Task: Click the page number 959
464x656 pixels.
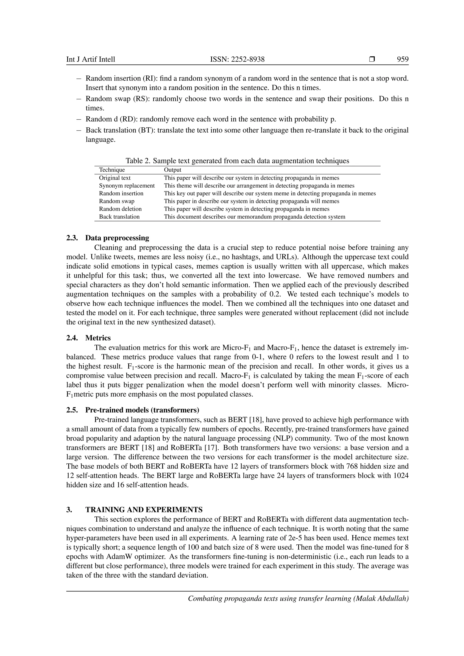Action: (403, 59)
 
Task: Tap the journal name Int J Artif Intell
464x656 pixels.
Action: (91, 59)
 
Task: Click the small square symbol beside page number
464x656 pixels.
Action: (372, 59)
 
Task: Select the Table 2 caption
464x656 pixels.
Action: (237, 161)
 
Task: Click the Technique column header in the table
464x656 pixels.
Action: (112, 170)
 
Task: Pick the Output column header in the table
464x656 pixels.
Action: (173, 170)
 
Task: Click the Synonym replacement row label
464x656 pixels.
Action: (127, 186)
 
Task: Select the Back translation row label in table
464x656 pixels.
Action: (119, 217)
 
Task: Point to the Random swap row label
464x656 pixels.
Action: (117, 201)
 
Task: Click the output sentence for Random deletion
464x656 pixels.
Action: (246, 209)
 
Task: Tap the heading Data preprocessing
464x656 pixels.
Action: (117, 238)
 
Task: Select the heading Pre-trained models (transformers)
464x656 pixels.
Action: (142, 410)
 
